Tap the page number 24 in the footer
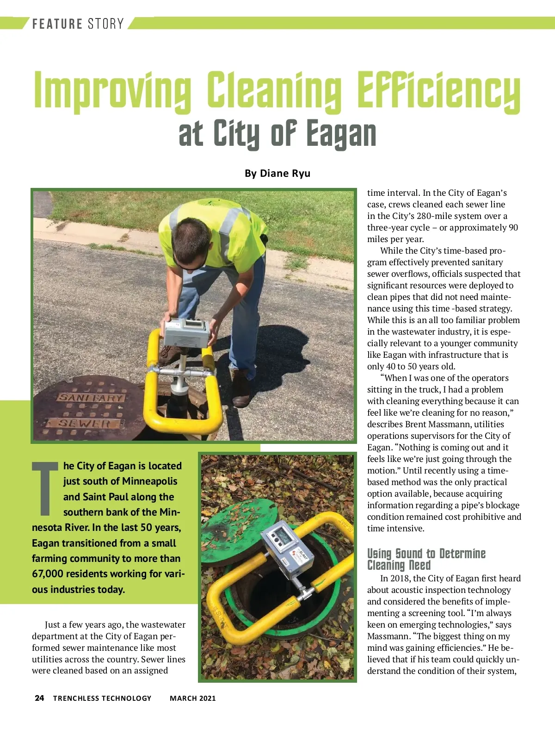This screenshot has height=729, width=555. click(39, 698)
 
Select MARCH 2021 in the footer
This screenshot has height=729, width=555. click(192, 698)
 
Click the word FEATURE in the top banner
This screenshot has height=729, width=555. click(57, 24)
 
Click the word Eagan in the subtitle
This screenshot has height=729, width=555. click(341, 134)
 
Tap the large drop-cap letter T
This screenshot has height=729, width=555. click(45, 488)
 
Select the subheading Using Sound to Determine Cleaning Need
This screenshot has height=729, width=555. click(426, 559)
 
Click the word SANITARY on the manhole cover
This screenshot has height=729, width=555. click(91, 398)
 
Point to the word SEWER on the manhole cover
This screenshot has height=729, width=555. click(84, 423)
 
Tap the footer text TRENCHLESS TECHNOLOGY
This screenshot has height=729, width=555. click(102, 698)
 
